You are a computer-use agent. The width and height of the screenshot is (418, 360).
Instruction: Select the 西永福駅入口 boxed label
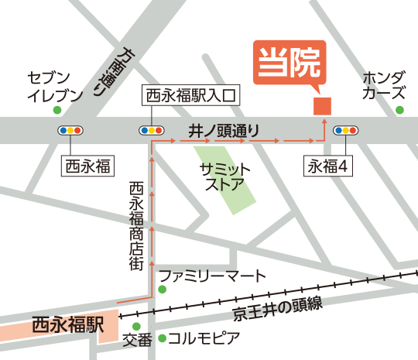pos(191,97)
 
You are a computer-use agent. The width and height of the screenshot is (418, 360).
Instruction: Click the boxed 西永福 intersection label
pos(87,165)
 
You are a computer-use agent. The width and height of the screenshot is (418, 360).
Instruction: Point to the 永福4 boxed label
pos(331,165)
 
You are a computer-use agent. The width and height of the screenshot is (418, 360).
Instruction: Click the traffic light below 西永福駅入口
pos(150,131)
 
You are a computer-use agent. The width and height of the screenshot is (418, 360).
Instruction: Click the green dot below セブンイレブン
pos(57,110)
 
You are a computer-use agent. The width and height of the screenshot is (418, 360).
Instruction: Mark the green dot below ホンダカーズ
pos(399,110)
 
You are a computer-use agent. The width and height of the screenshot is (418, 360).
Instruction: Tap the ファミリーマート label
pos(212,276)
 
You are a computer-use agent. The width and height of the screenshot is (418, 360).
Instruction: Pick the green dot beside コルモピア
pos(162,338)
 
